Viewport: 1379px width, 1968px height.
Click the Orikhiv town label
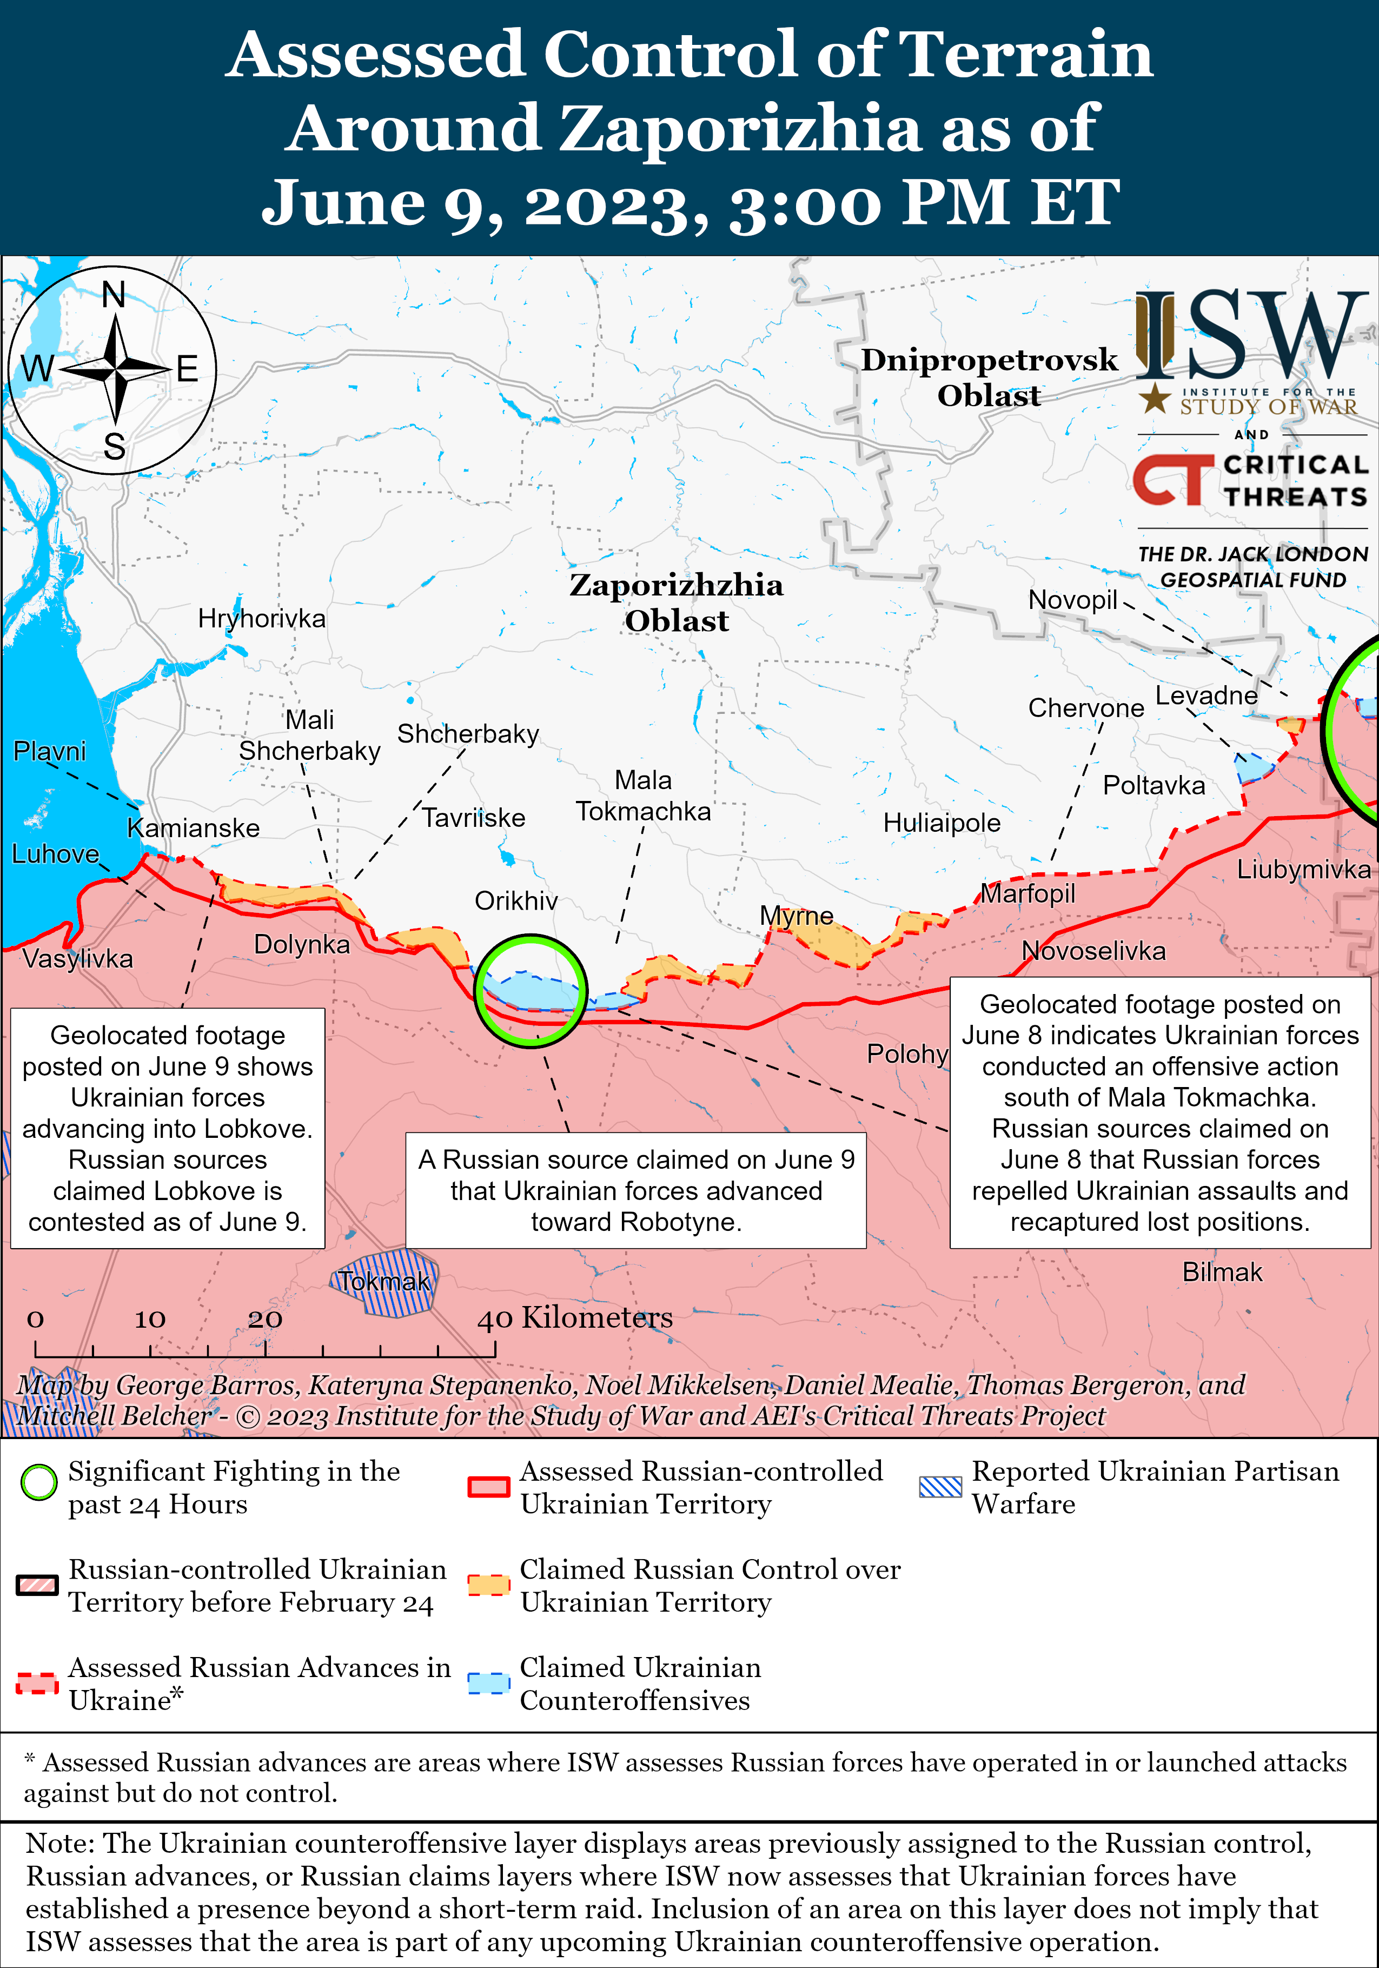516,901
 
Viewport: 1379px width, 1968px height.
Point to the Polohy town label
907,1053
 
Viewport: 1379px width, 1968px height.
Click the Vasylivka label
78,958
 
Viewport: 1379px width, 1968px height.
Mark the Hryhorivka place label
261,618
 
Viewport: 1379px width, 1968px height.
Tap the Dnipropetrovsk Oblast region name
989,377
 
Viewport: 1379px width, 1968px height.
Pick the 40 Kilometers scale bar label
575,1317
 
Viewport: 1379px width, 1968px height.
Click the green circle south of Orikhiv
532,991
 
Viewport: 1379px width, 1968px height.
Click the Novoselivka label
1093,951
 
